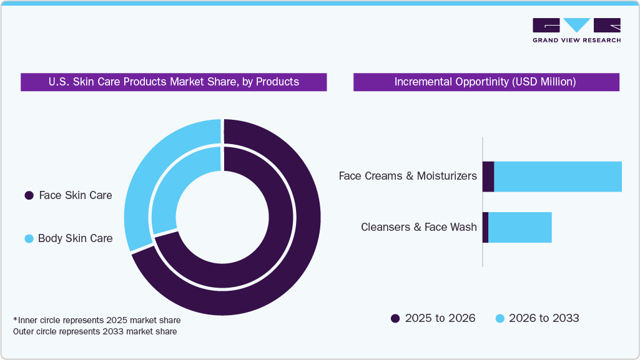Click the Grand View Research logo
tap(576, 30)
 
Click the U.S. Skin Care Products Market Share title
tap(174, 82)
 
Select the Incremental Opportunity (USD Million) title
tap(485, 82)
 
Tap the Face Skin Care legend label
tap(75, 195)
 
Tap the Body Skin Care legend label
tap(75, 238)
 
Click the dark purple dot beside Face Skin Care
tap(29, 196)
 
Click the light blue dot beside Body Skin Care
tap(29, 238)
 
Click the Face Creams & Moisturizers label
tap(408, 176)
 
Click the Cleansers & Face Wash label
tap(418, 227)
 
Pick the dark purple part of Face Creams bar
tap(488, 177)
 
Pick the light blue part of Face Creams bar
tap(558, 177)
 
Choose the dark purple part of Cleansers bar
tap(485, 227)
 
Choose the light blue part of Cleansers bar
tap(519, 227)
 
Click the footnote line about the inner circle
tap(97, 320)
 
